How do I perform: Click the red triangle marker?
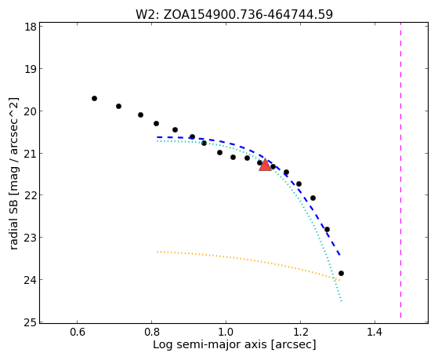(265, 165)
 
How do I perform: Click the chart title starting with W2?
(234, 14)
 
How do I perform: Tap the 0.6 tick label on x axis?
(77, 332)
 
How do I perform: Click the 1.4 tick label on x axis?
(375, 332)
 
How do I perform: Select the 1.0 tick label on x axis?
(226, 332)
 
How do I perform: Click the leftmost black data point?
(94, 99)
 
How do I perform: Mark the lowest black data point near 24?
(341, 273)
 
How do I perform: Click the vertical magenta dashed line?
(401, 170)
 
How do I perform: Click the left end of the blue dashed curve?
(157, 137)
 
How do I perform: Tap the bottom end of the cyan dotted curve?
(342, 301)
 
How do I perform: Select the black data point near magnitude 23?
(327, 229)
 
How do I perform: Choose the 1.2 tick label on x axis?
(300, 332)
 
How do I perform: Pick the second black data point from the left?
(119, 107)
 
